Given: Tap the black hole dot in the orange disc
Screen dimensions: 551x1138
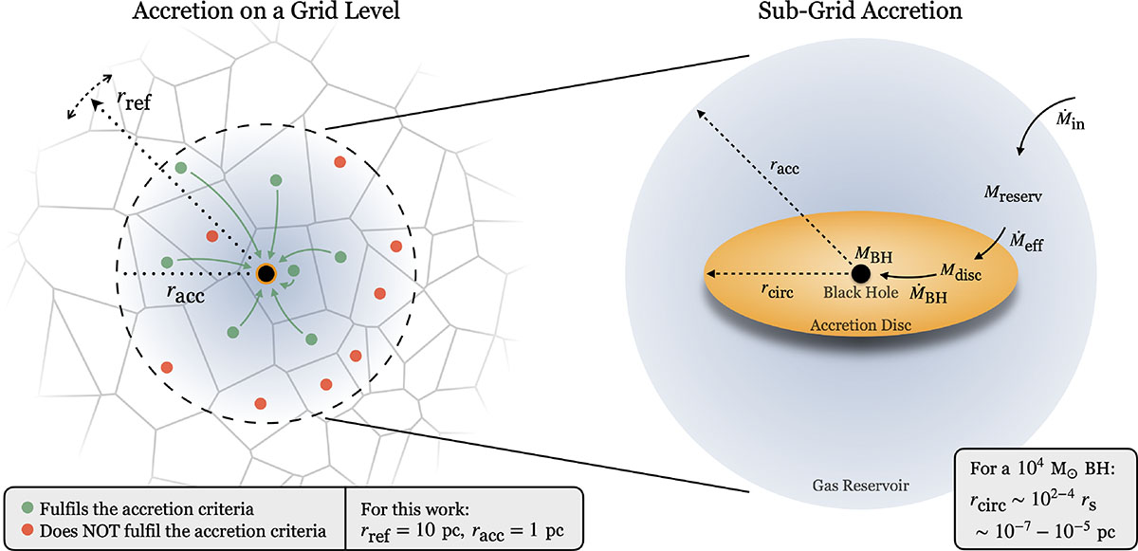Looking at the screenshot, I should [x=860, y=274].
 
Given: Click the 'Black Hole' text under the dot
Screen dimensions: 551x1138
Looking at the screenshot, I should [x=859, y=293].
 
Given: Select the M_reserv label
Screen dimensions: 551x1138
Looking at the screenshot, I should [x=1017, y=195].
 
